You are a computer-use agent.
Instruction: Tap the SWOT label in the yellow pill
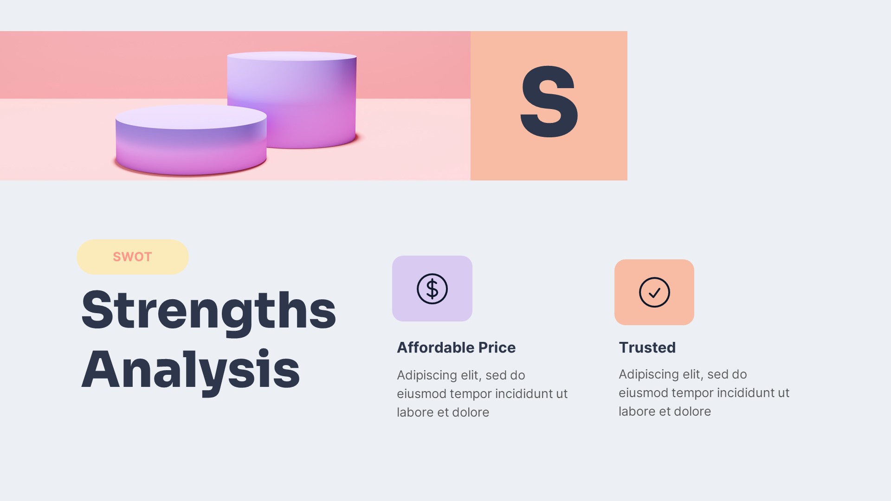pos(132,257)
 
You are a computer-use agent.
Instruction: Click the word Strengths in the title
pos(208,310)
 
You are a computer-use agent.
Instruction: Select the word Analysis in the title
pos(191,370)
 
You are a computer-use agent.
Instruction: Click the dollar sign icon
pos(432,289)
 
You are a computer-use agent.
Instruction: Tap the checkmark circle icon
pos(654,292)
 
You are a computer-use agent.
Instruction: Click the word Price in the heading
pos(497,347)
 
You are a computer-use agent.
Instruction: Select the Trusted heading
pos(647,347)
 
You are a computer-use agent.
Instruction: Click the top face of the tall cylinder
pos(292,56)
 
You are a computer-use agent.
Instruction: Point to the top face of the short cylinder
pos(191,116)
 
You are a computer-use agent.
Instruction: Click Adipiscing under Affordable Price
pos(427,375)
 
